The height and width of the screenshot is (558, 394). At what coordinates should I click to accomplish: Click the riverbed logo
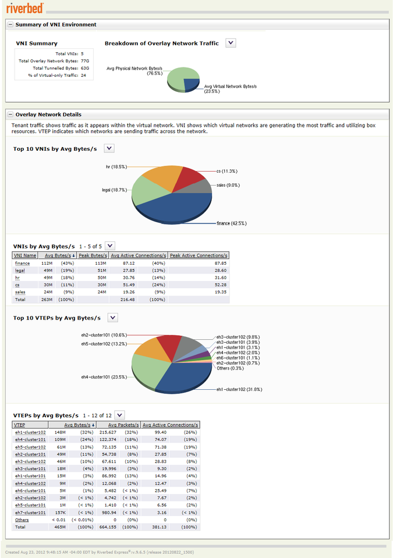pyautogui.click(x=23, y=8)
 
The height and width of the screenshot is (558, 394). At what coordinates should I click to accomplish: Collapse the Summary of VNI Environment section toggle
pyautogui.click(x=10, y=24)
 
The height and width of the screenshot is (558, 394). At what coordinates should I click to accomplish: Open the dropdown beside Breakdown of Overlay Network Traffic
pyautogui.click(x=230, y=43)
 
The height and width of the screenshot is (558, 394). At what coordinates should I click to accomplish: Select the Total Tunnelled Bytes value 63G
pyautogui.click(x=84, y=68)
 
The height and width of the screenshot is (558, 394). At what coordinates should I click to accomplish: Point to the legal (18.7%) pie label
pyautogui.click(x=114, y=190)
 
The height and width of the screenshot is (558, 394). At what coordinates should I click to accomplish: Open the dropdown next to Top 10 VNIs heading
pyautogui.click(x=109, y=148)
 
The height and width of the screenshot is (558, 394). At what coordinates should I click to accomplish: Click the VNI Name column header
pyautogui.click(x=25, y=255)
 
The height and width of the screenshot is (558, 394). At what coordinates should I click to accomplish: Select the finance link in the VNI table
pyautogui.click(x=22, y=263)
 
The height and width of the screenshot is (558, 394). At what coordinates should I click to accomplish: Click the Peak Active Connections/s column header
pyautogui.click(x=199, y=255)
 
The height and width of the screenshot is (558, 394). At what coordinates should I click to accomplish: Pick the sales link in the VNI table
pyautogui.click(x=20, y=292)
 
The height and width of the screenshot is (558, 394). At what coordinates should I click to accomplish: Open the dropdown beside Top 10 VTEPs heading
pyautogui.click(x=113, y=318)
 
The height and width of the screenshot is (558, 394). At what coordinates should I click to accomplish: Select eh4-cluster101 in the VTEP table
pyautogui.click(x=30, y=439)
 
